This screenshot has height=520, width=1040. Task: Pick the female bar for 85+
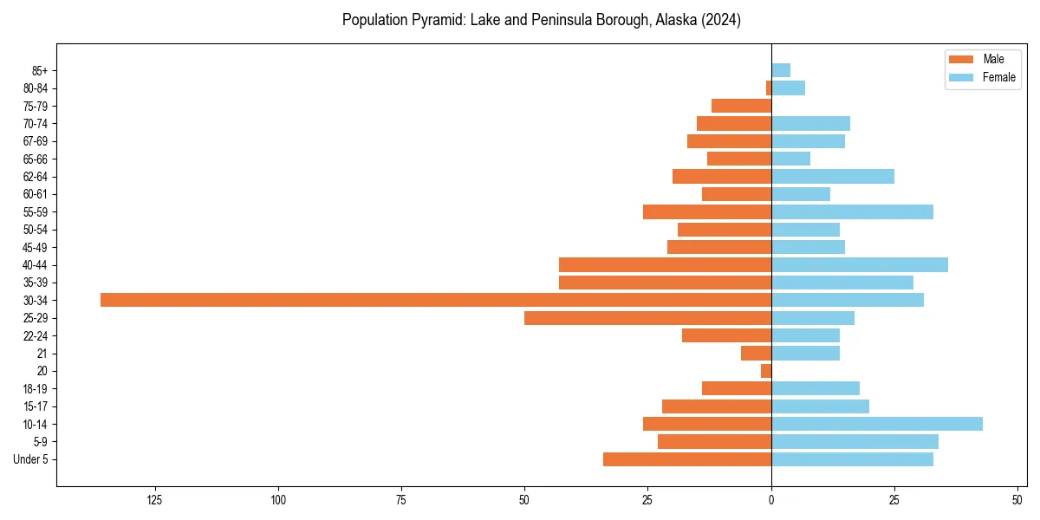pyautogui.click(x=781, y=70)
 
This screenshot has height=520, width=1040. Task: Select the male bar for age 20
pyautogui.click(x=766, y=371)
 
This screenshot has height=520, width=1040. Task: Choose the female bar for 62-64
pyautogui.click(x=833, y=176)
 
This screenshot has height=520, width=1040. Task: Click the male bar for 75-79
pyautogui.click(x=741, y=106)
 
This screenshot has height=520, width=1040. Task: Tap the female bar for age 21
pyautogui.click(x=805, y=353)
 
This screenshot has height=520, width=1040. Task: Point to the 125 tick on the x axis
pyautogui.click(x=155, y=500)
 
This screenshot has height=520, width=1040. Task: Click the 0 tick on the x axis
pyautogui.click(x=771, y=500)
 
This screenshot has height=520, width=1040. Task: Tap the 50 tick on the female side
pyautogui.click(x=1017, y=500)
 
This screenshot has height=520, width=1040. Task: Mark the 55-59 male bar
pyautogui.click(x=707, y=211)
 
